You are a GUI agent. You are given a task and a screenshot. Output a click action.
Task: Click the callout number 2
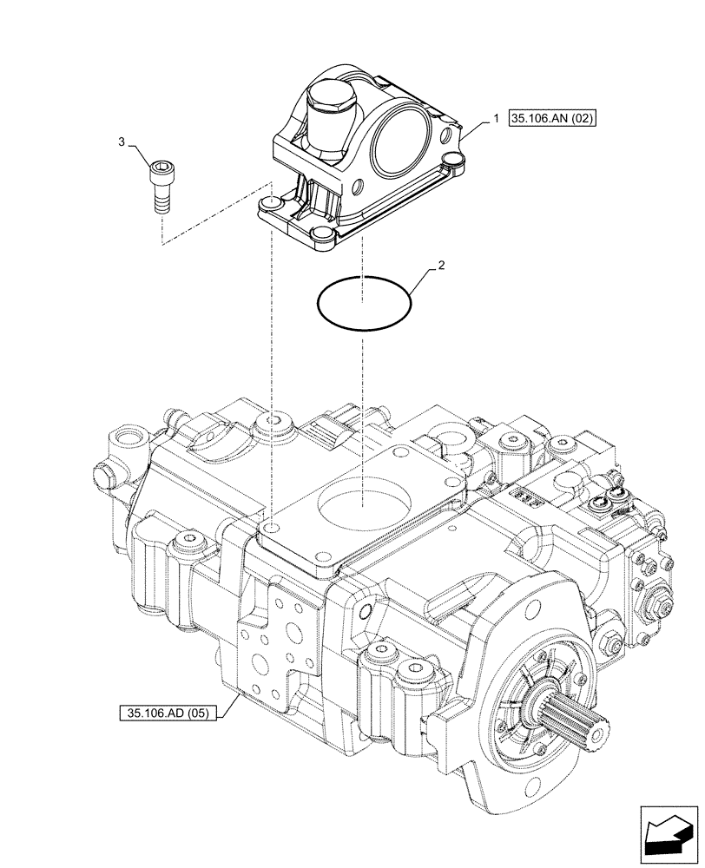coord(442,266)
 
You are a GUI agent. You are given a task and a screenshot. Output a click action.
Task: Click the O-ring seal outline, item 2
coord(363,305)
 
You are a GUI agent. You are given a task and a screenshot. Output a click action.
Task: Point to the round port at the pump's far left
coord(129,434)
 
